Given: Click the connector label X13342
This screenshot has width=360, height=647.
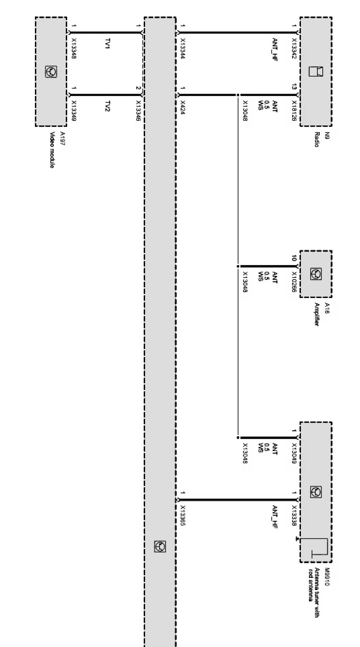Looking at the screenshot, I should coord(294,48).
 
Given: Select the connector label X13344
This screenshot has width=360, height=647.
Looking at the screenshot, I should coord(183,48).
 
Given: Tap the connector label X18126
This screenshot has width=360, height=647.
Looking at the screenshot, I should coord(294,111).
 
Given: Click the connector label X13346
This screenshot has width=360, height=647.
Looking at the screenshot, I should coord(138,111).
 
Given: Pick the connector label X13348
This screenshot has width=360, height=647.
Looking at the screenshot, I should coord(74,48).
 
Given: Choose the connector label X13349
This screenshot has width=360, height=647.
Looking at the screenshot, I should coord(74,111).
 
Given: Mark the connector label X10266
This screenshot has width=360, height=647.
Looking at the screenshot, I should coord(294,282).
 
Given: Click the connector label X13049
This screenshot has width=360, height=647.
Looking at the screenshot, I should coord(294,454).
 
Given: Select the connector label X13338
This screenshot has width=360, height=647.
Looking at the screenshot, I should coord(294,516).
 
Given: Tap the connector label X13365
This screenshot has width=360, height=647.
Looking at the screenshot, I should coord(183,516).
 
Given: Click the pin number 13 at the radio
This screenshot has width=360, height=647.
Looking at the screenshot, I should coord(294,87).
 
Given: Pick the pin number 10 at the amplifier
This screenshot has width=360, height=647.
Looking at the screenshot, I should coord(294,259).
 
